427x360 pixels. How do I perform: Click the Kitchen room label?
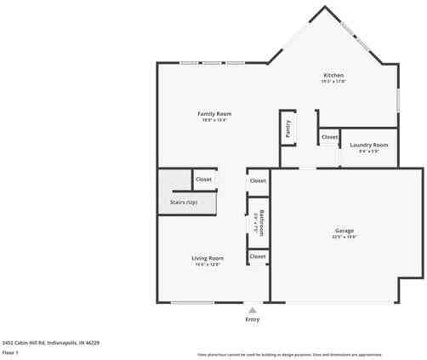(x=333, y=76)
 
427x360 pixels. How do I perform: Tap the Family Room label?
(x=214, y=113)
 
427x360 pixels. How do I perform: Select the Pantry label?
(x=288, y=129)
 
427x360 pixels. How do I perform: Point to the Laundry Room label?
(x=369, y=145)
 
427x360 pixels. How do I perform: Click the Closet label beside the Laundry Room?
(x=329, y=136)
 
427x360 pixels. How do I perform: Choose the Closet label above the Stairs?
(x=204, y=180)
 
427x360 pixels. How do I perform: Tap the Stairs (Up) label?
(x=178, y=203)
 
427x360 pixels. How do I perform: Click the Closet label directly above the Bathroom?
(x=257, y=180)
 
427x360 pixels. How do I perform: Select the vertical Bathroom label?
(x=262, y=223)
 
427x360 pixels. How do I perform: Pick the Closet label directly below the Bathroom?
(x=257, y=256)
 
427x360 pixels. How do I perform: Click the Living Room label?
(x=207, y=258)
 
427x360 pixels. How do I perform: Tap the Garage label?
(x=344, y=231)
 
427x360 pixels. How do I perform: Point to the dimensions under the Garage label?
(x=344, y=237)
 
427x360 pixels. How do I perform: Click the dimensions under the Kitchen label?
(x=333, y=82)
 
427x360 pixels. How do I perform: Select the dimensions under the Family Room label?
(x=214, y=120)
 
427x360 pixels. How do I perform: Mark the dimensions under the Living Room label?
(x=207, y=265)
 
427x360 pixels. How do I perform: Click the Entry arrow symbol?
(x=252, y=311)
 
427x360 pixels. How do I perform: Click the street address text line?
(x=51, y=342)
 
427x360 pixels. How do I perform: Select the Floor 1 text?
(x=10, y=351)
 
